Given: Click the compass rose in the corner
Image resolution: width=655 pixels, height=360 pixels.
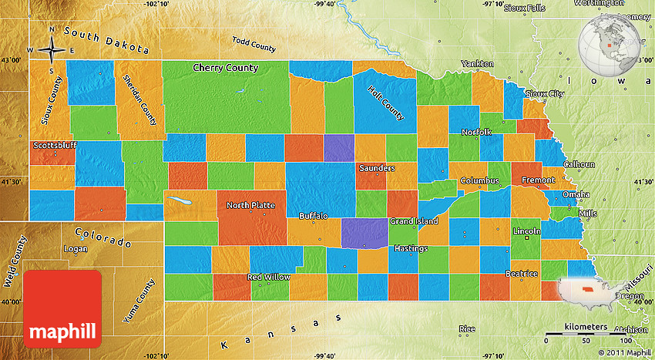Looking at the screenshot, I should tap(52, 51).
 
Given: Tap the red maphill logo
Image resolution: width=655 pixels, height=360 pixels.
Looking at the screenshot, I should tap(62, 308).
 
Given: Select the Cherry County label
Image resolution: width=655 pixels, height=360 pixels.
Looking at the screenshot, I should tap(225, 68).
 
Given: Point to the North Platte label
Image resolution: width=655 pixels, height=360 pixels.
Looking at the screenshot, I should tap(251, 205).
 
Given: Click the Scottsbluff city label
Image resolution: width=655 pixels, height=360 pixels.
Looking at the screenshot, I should tap(54, 145).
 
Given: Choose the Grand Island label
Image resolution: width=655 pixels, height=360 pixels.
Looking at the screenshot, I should tap(413, 221).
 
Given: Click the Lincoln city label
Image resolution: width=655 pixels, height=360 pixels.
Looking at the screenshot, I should tap(526, 230).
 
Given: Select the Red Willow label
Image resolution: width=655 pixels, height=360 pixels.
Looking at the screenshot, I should tap(269, 277).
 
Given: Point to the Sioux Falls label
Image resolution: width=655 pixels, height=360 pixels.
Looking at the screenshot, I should tap(524, 8).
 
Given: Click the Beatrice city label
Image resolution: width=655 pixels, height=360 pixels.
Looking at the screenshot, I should tap(522, 274).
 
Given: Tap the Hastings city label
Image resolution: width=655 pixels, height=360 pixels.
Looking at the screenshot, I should tap(411, 249).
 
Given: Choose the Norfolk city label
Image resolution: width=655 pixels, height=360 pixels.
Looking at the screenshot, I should tap(476, 133).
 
